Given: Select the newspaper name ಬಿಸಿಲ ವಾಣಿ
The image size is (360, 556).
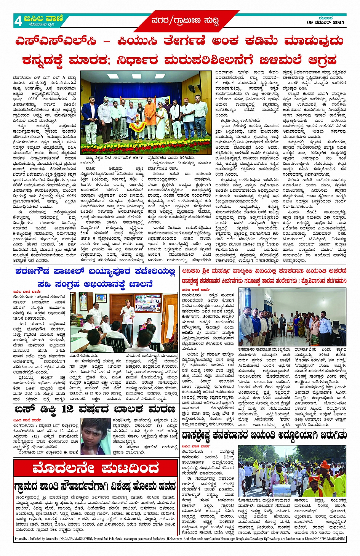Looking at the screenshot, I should [x=43, y=18].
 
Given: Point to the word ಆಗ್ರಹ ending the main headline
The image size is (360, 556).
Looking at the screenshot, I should [x=322, y=60].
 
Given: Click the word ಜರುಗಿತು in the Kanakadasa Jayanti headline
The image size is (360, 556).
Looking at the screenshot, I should [x=328, y=435].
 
